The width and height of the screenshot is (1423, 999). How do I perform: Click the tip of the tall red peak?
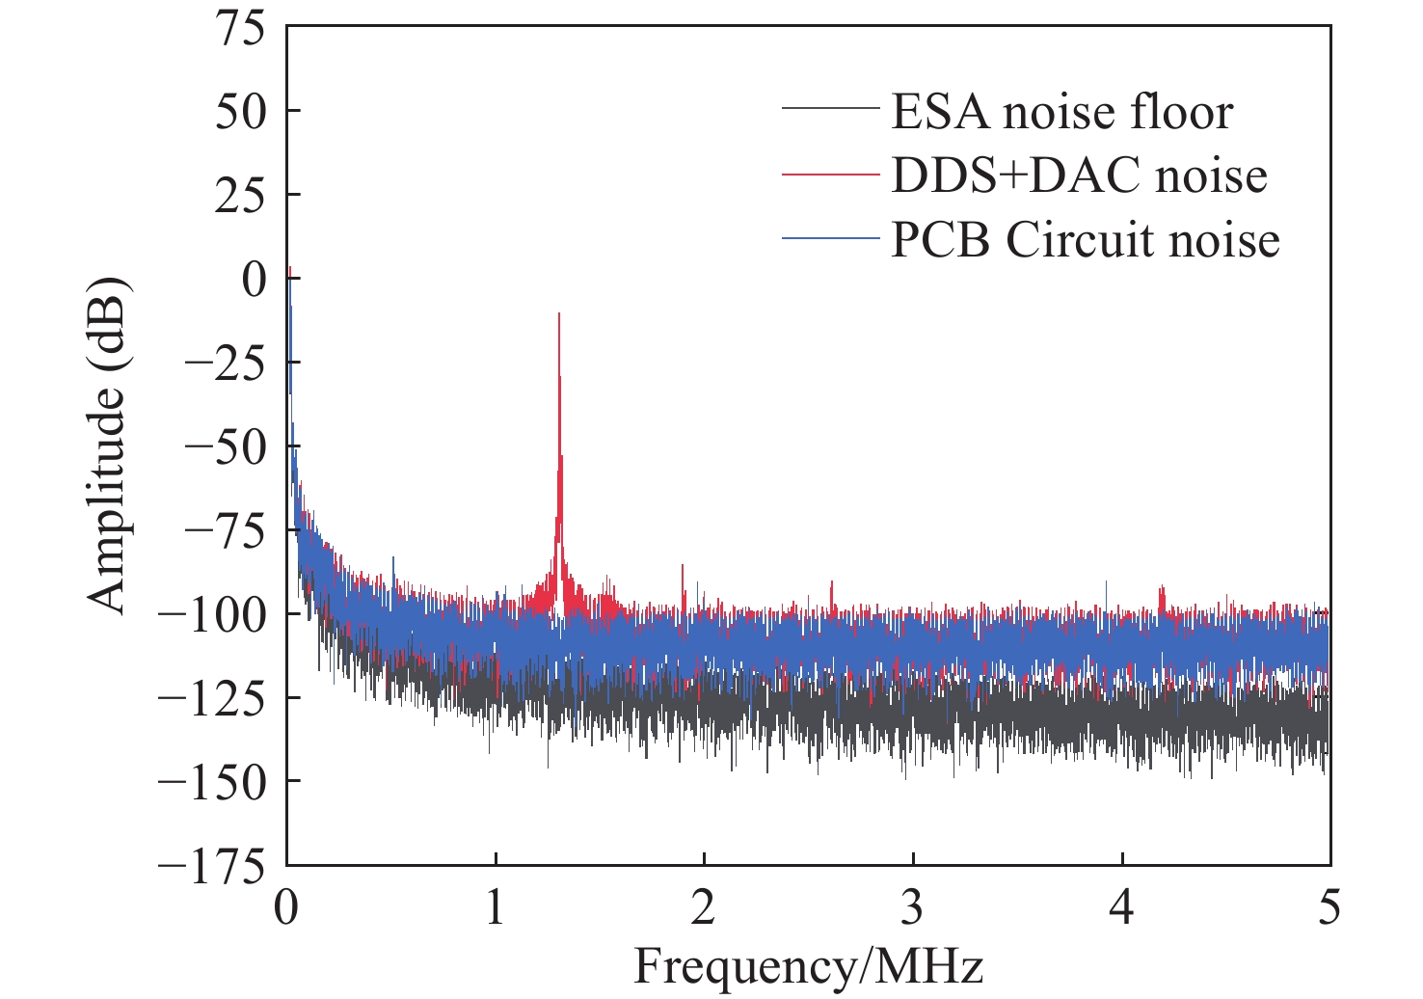pos(558,314)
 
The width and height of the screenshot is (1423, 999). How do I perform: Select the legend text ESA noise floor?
pos(1061,112)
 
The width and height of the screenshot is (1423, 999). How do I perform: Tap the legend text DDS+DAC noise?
pos(1078,175)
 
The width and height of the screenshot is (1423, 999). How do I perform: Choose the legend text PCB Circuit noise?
pos(1085,239)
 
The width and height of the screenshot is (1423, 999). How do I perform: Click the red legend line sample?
pos(830,174)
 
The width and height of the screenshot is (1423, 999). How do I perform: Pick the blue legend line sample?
pos(830,238)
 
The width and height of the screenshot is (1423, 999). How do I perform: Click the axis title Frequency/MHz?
pos(808,966)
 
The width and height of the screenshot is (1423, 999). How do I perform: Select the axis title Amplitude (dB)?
pos(107,445)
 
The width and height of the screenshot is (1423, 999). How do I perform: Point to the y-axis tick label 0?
pos(255,280)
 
